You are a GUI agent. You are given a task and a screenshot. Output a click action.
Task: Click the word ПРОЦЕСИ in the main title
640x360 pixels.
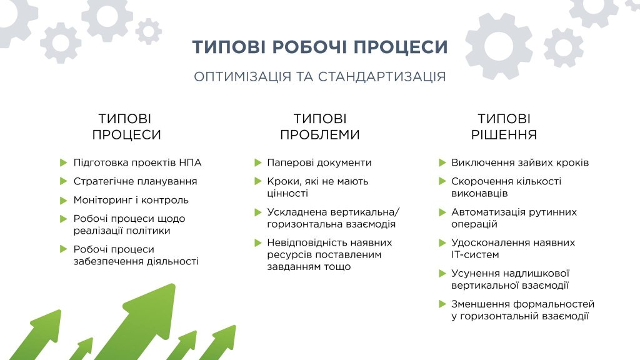pyautogui.click(x=401, y=47)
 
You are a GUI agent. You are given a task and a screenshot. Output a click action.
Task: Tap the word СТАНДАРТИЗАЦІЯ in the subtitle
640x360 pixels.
pyautogui.click(x=382, y=76)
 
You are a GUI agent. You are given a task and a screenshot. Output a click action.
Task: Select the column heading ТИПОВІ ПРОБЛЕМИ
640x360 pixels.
pyautogui.click(x=319, y=126)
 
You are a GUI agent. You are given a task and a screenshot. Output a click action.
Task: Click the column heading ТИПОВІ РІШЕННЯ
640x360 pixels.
pyautogui.click(x=504, y=126)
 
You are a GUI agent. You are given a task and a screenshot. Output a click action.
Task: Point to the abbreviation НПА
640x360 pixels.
pyautogui.click(x=190, y=162)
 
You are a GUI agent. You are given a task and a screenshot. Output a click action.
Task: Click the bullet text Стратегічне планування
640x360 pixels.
pyautogui.click(x=135, y=181)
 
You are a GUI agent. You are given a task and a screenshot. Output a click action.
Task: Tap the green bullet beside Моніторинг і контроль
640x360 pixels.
pyautogui.click(x=63, y=201)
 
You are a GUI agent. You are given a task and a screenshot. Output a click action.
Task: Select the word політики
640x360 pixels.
pyautogui.click(x=147, y=231)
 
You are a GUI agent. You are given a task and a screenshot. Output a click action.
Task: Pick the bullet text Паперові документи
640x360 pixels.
pyautogui.click(x=319, y=162)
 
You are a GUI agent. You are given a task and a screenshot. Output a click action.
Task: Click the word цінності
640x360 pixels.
pyautogui.click(x=287, y=194)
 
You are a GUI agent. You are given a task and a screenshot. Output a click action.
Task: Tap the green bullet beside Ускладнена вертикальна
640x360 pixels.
pyautogui.click(x=257, y=212)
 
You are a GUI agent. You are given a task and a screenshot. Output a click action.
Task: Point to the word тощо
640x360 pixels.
pyautogui.click(x=338, y=266)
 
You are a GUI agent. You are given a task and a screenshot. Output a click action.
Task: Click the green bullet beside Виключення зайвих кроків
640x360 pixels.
pyautogui.click(x=442, y=163)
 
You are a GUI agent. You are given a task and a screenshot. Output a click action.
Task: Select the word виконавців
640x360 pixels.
pyautogui.click(x=479, y=194)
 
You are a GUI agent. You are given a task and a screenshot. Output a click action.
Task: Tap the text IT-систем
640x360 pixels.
pyautogui.click(x=475, y=255)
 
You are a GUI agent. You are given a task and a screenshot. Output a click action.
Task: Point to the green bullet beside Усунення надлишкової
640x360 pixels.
pyautogui.click(x=442, y=274)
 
